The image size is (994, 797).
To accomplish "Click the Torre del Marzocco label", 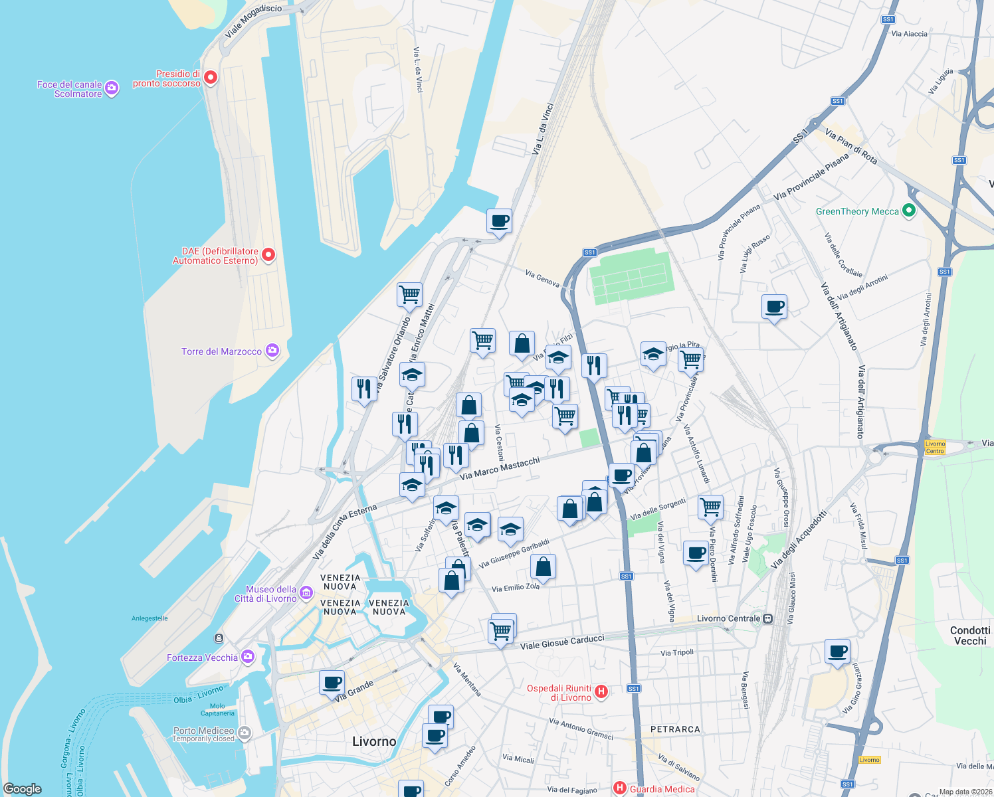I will point(221,351).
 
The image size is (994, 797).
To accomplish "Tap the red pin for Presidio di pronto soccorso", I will point(211,78).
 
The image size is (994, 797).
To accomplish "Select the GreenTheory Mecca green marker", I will point(909,211).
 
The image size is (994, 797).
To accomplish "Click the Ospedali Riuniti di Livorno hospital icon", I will point(601,692).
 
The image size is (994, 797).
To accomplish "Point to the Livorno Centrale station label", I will point(728,618).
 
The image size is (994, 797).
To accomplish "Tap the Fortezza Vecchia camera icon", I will point(248,657).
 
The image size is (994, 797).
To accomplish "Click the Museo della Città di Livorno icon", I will point(306,592).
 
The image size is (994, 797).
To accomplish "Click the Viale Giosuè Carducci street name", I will point(562,642).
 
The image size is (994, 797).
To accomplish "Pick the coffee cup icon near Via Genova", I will point(499,221).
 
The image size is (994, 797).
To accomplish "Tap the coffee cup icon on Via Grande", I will point(332,682).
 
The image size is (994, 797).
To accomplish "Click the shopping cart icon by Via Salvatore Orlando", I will point(409,294).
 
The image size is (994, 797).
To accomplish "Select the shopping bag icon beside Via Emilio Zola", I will point(543,567).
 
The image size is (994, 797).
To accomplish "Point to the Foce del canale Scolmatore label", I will point(69,89).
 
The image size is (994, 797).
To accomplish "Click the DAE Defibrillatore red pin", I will point(268,255).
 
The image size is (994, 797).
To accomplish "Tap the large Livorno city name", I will point(374,741).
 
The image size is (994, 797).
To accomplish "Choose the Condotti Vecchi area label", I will point(969,636).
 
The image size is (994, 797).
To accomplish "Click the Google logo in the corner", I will point(23,788).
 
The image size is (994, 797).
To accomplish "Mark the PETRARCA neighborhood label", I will point(675,729).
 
